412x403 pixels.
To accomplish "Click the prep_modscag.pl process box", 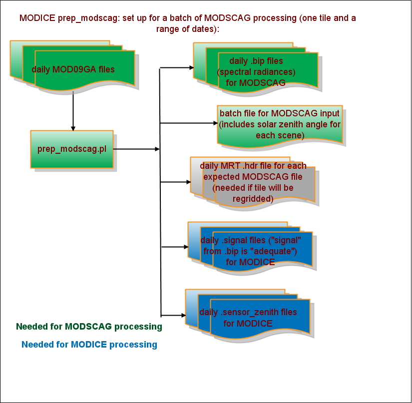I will click(x=72, y=149).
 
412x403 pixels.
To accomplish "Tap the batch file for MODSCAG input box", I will click(x=280, y=125).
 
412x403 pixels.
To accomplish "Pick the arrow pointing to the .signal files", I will click(x=174, y=247).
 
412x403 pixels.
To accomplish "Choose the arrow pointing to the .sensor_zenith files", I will click(x=173, y=316).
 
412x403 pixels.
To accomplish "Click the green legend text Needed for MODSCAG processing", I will click(x=89, y=327).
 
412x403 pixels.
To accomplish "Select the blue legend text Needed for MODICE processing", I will click(x=89, y=345).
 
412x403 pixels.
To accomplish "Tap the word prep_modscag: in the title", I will click(x=87, y=18).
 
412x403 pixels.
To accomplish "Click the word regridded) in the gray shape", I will click(x=253, y=199).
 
